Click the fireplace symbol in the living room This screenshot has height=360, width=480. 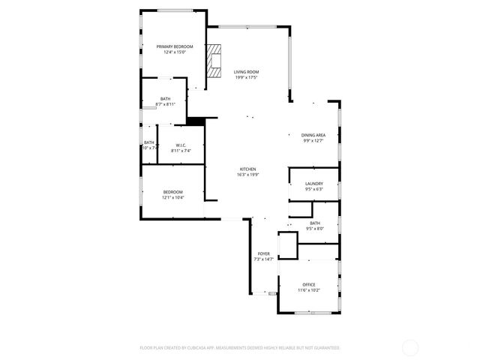pyautogui.click(x=216, y=61)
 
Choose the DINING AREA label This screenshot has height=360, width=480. pyautogui.click(x=313, y=135)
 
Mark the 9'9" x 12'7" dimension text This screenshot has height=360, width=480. pyautogui.click(x=313, y=141)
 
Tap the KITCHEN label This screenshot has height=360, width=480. pyautogui.click(x=247, y=169)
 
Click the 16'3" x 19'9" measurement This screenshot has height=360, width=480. pyautogui.click(x=247, y=175)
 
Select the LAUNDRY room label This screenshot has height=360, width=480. pyautogui.click(x=313, y=184)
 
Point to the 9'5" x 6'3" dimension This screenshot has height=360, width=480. pyautogui.click(x=313, y=190)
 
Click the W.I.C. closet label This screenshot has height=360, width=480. pyautogui.click(x=181, y=145)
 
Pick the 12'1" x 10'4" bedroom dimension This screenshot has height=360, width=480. pyautogui.click(x=172, y=198)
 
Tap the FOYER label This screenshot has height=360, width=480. pyautogui.click(x=264, y=253)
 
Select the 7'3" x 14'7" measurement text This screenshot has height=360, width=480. pyautogui.click(x=264, y=259)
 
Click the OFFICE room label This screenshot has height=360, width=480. pyautogui.click(x=308, y=284)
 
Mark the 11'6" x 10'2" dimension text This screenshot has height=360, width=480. pyautogui.click(x=308, y=290)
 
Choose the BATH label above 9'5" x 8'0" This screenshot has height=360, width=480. pyautogui.click(x=314, y=223)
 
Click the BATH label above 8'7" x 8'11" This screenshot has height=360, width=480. pyautogui.click(x=165, y=99)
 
